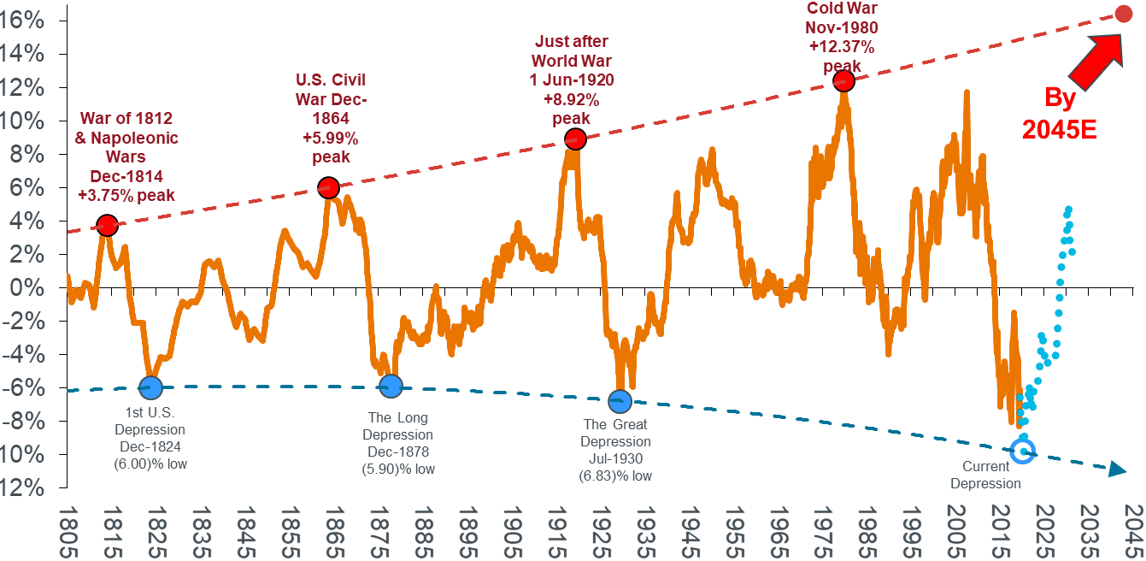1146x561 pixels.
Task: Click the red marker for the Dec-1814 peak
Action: [107, 226]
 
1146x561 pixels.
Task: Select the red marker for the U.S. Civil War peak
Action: [328, 187]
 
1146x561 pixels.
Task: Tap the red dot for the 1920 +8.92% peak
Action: [575, 139]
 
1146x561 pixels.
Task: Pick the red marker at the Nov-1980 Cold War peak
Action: [843, 80]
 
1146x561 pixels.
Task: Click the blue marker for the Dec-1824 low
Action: [151, 387]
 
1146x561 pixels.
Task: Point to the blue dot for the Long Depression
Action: [390, 386]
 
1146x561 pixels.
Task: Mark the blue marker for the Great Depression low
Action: [620, 400]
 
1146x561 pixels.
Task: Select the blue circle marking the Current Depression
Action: [1022, 452]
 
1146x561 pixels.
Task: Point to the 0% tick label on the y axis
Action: [31, 287]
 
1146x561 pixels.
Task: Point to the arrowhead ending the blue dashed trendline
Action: [1117, 469]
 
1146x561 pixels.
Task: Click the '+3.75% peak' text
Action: [126, 195]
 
